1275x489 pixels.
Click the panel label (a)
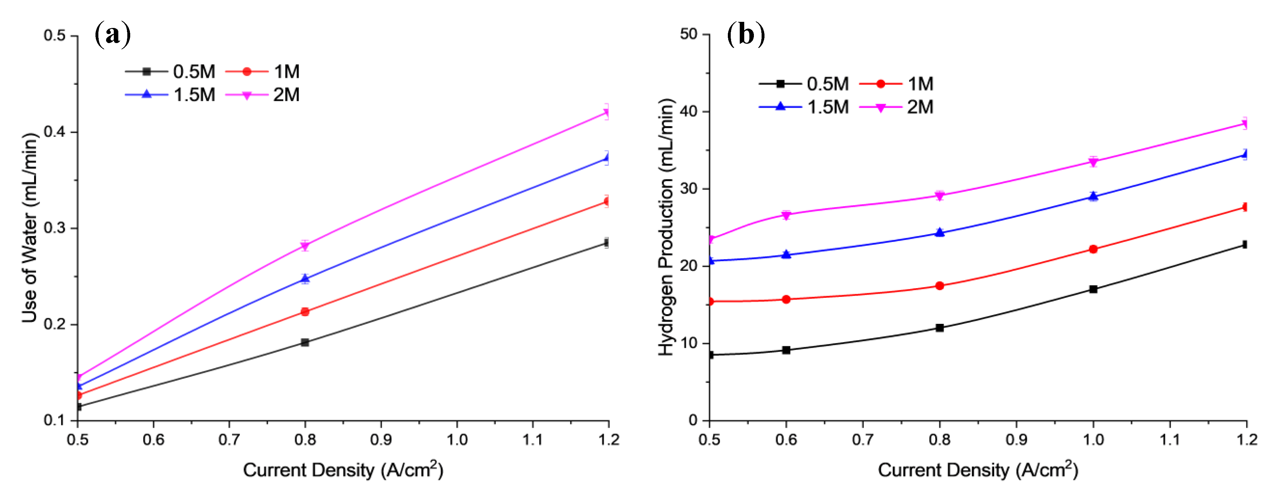tap(113, 35)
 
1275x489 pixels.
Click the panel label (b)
tap(746, 35)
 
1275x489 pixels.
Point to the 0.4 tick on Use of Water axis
tap(54, 132)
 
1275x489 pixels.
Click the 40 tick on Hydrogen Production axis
tap(689, 111)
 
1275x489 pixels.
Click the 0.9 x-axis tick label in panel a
tap(381, 440)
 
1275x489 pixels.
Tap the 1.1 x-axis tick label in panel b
tap(1170, 440)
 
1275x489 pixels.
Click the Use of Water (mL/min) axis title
tap(30, 227)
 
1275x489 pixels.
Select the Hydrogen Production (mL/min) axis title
tap(667, 227)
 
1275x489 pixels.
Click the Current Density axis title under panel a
tap(342, 470)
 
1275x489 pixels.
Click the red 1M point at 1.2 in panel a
tap(607, 201)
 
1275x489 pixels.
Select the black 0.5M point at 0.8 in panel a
tap(305, 342)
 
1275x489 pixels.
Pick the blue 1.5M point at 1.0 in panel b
tap(1093, 196)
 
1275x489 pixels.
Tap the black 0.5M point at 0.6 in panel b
tap(786, 350)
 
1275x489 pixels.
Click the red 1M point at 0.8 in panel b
tap(939, 286)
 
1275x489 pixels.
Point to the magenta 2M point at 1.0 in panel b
tap(1093, 162)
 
